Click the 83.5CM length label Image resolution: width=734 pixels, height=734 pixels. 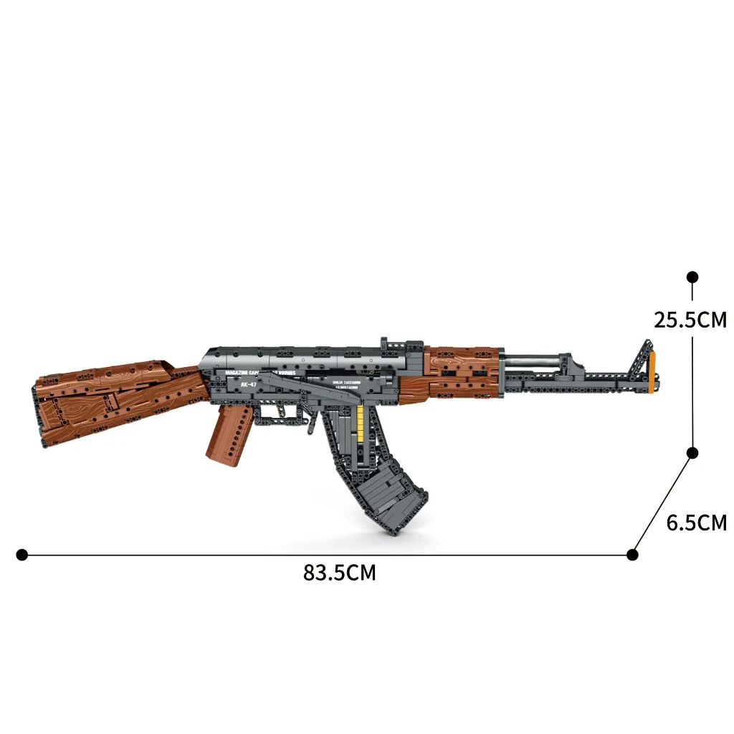(339, 573)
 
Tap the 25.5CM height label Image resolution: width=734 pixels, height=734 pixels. (690, 320)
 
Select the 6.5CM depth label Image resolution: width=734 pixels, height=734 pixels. (696, 523)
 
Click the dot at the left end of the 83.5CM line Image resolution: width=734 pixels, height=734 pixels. (22, 554)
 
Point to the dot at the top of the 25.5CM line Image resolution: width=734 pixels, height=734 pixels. (692, 277)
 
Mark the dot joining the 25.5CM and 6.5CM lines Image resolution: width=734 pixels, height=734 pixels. (692, 452)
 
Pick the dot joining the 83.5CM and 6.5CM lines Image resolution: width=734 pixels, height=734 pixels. (632, 554)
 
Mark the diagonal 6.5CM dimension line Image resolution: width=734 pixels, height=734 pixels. (662, 503)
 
